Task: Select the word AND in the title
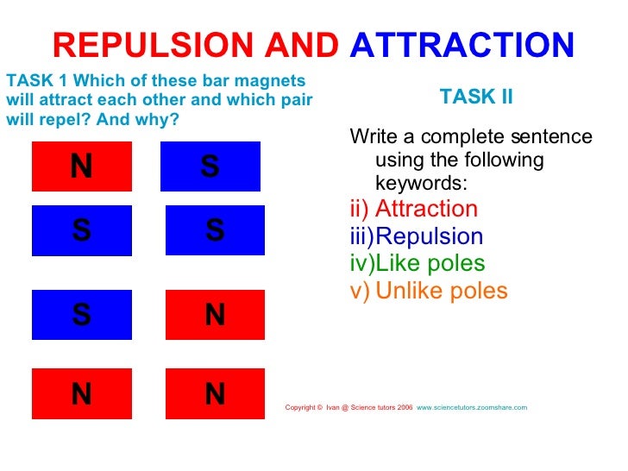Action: pos(302,44)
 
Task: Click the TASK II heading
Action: pos(476,97)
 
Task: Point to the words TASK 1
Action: pos(30,81)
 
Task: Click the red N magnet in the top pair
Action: pos(81,166)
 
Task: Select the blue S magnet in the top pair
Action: pos(210,166)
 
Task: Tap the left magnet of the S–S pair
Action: pos(81,230)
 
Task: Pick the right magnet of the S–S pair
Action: pos(215,230)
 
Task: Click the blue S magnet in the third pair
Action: pos(81,315)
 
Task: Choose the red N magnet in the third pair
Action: pos(215,315)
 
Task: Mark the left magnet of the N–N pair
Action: pos(81,394)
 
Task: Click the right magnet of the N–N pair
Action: pos(215,394)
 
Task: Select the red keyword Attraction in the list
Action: pos(426,209)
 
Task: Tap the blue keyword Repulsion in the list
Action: pos(430,236)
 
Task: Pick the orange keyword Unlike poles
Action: pos(442,292)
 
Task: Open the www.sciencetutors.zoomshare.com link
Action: pos(472,406)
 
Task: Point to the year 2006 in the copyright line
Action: pos(405,406)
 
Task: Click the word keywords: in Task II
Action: pos(421,183)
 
